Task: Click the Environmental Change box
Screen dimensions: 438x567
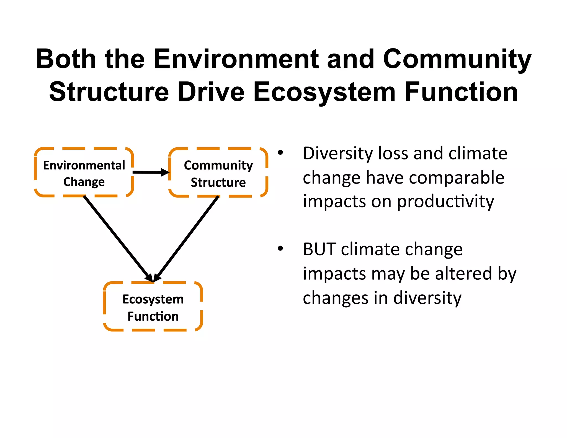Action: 84,172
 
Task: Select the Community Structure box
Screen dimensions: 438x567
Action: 218,172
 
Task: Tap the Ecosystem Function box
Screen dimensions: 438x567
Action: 153,306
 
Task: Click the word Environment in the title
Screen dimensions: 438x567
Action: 236,59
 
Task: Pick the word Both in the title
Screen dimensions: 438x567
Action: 66,59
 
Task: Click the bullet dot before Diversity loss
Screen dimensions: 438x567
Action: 280,153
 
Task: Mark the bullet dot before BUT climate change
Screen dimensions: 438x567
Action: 280,249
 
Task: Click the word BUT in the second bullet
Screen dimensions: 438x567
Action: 319,249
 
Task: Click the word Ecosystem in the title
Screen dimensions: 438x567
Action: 324,92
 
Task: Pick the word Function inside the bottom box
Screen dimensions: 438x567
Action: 153,316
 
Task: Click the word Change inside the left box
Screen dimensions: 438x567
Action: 84,182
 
